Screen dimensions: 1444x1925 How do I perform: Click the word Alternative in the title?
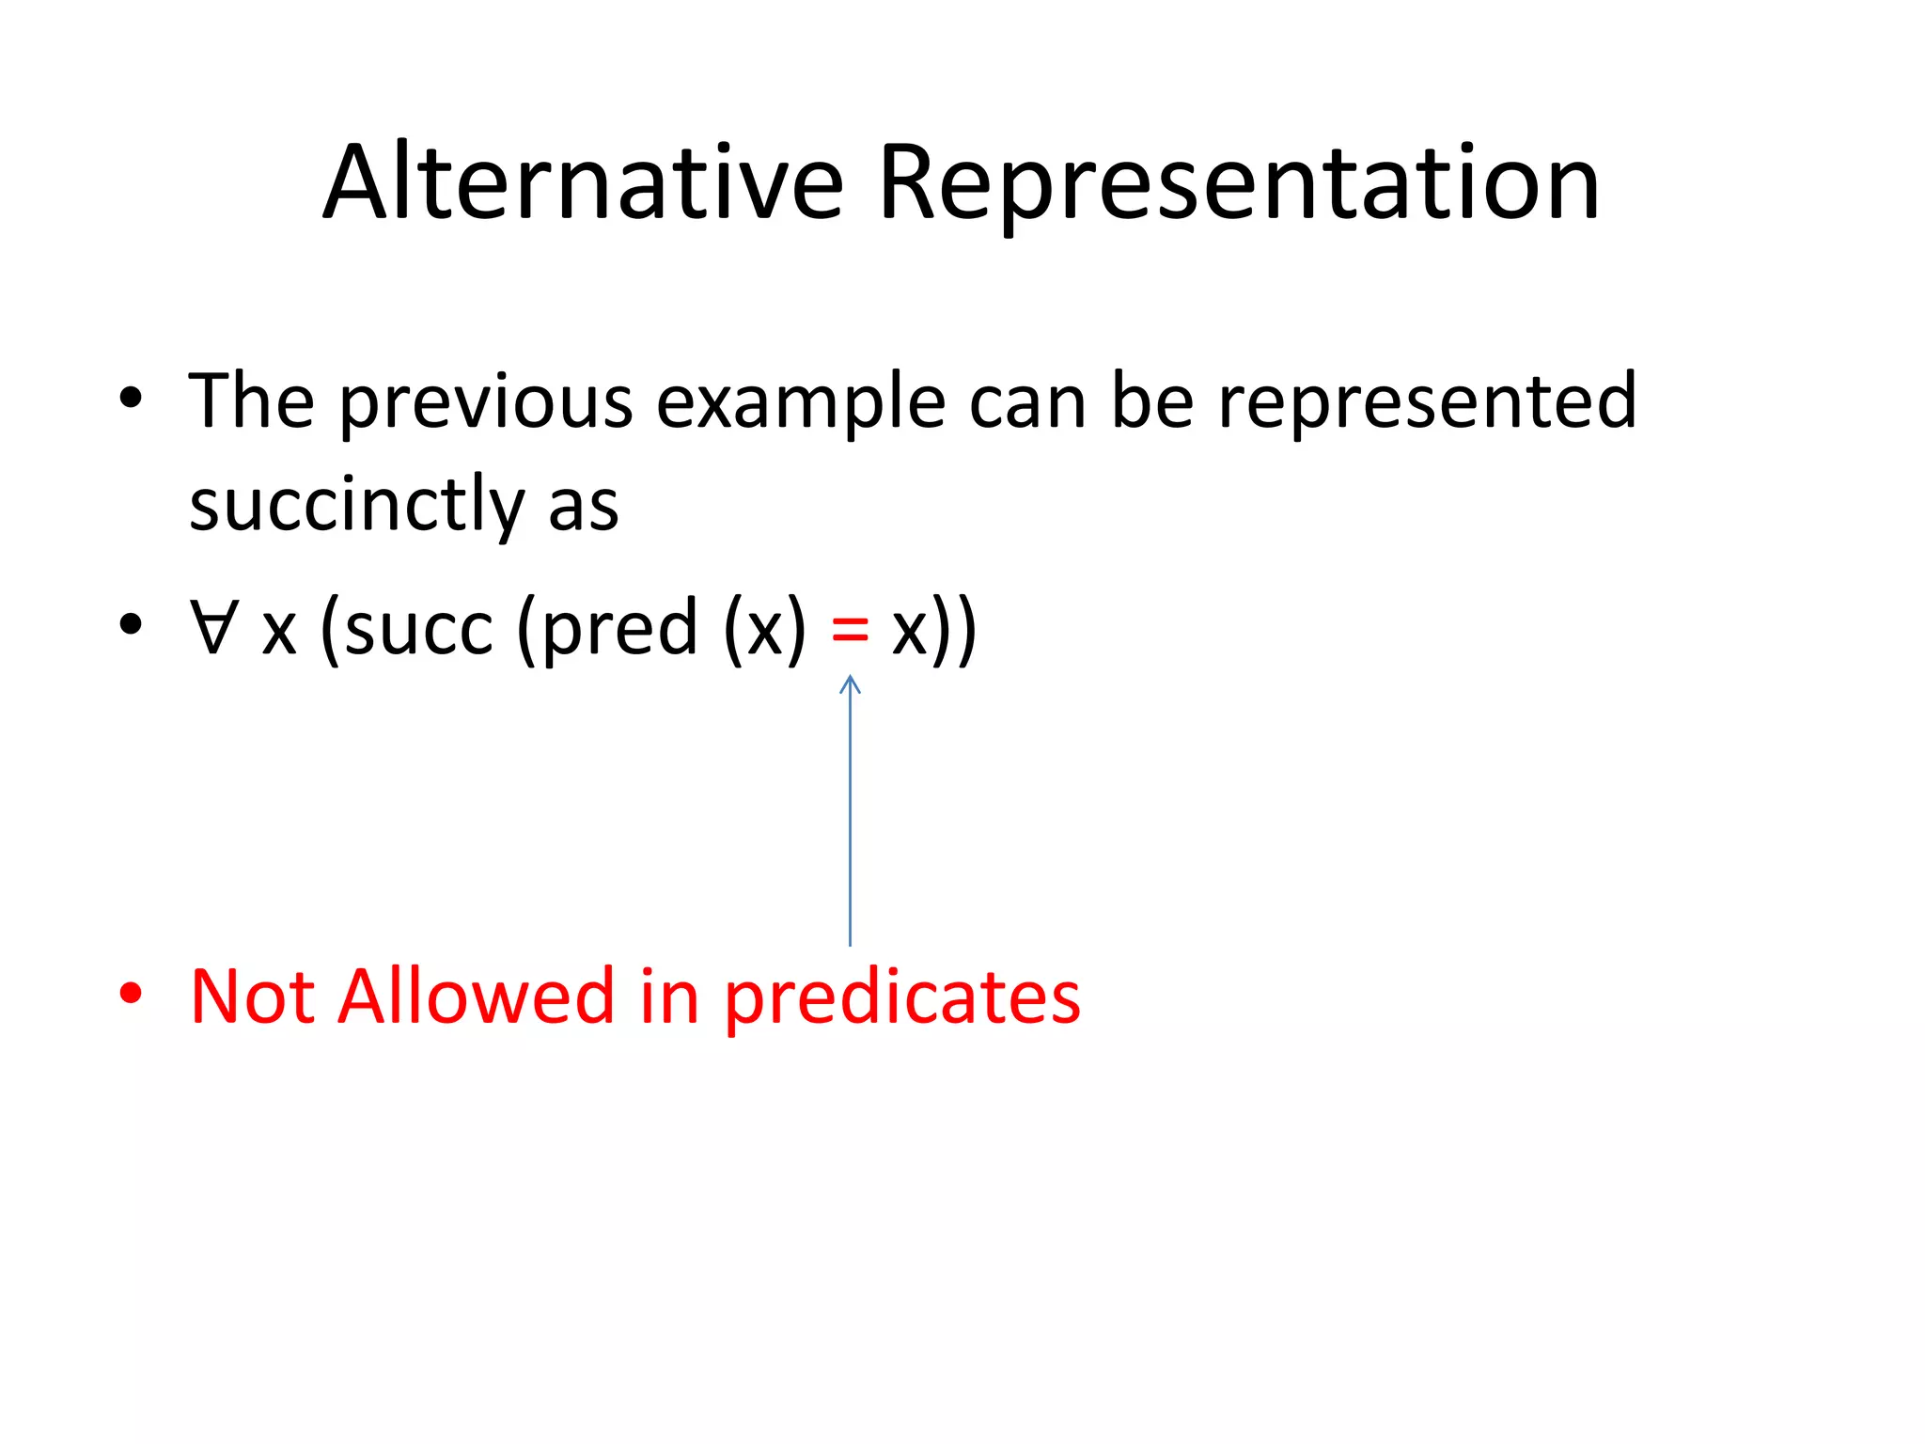(583, 183)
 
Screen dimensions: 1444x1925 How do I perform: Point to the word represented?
(1428, 402)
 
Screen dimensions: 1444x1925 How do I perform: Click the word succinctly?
(356, 506)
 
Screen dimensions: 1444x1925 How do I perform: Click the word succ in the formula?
(418, 628)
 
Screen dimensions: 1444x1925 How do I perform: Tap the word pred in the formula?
(619, 628)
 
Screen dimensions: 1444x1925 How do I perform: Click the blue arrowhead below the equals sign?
(850, 683)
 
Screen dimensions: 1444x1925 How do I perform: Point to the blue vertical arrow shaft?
(850, 818)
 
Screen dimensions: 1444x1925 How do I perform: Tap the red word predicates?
(901, 998)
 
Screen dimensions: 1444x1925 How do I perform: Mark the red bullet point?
(131, 993)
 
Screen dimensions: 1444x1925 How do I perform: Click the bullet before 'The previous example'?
(131, 399)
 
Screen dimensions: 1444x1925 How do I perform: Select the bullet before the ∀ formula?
(131, 623)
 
